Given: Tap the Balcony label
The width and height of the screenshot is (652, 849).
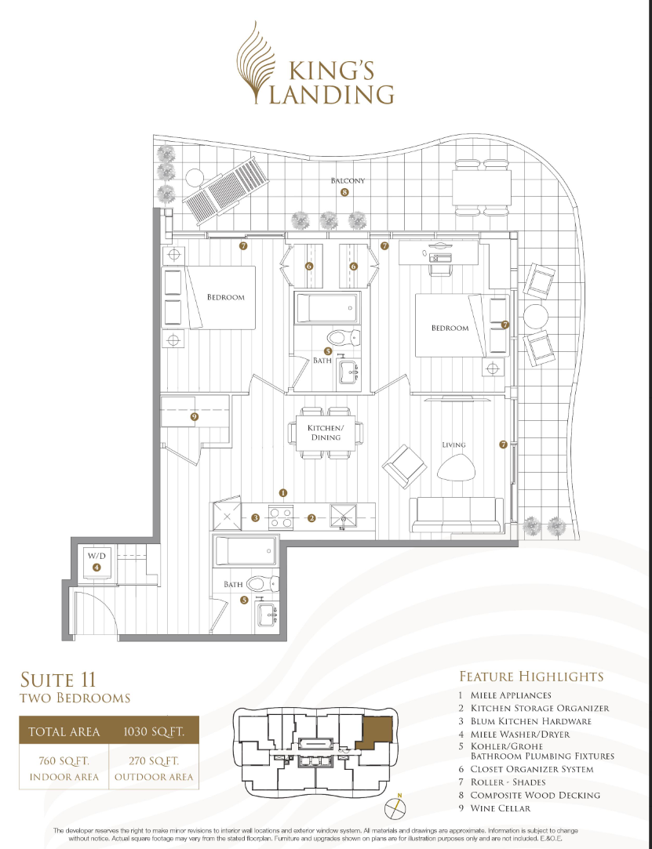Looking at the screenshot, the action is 348,181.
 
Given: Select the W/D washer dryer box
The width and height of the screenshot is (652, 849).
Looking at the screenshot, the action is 97,562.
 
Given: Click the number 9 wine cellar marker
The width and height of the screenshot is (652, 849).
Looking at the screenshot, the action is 194,417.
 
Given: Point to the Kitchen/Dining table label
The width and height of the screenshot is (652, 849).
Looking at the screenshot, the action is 325,432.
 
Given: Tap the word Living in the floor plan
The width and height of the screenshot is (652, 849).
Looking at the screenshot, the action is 453,445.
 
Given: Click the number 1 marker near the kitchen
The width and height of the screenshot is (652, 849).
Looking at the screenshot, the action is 282,493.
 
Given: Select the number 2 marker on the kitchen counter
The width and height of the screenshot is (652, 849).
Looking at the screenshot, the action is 311,518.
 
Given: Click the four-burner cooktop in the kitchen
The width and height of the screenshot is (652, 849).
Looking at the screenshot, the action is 281,517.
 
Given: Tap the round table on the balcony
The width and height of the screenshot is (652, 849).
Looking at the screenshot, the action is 536,316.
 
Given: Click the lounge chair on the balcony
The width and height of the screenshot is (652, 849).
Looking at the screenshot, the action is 227,191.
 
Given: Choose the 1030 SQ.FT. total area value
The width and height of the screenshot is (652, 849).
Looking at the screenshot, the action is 154,732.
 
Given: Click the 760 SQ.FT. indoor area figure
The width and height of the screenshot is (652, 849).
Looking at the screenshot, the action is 64,761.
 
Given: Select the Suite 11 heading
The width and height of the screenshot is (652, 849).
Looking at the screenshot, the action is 58,679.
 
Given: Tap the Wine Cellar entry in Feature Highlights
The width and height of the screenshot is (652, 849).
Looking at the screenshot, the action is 501,808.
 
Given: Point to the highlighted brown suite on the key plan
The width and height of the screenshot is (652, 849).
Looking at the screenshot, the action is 376,730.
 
